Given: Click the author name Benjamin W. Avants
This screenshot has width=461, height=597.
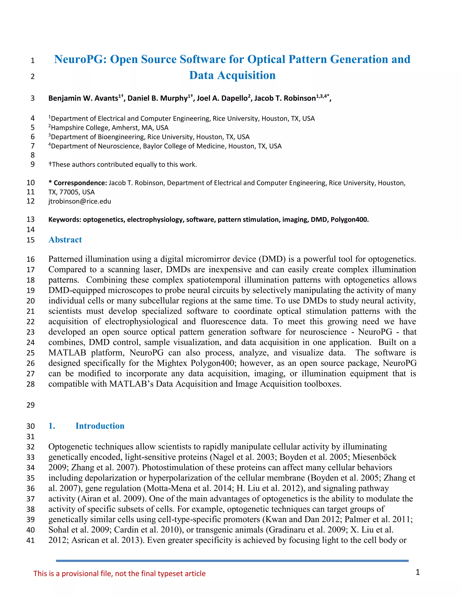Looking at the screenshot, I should click(x=83, y=98).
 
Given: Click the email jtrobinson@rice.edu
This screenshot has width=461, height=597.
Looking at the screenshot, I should click(x=80, y=201).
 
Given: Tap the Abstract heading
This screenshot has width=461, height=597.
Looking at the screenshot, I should click(x=65, y=240).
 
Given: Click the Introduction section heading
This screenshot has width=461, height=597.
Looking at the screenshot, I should click(x=100, y=426).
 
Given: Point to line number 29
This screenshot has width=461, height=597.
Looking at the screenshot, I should click(x=31, y=405).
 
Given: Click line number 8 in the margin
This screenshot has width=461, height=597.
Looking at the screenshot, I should click(x=32, y=155).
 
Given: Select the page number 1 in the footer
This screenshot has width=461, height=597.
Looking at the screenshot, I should click(x=417, y=572).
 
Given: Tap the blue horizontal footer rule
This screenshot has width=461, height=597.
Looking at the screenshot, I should click(x=232, y=561).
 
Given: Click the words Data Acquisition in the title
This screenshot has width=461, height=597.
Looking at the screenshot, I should click(x=232, y=75).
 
